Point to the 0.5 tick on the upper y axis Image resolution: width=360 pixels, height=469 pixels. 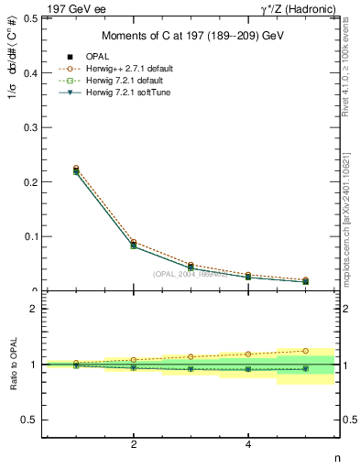pyautogui.click(x=28, y=17)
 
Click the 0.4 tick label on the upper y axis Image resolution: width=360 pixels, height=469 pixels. pyautogui.click(x=28, y=72)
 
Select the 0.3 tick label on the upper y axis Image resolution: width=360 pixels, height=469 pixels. pyautogui.click(x=28, y=127)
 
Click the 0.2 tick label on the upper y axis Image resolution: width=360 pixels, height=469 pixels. pyautogui.click(x=28, y=181)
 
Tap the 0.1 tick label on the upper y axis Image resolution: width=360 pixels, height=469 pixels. pyautogui.click(x=28, y=236)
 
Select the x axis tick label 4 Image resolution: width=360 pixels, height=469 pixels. pyautogui.click(x=248, y=445)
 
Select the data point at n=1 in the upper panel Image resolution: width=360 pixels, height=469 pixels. pyautogui.click(x=76, y=170)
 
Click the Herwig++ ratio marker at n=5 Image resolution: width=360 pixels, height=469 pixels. pyautogui.click(x=305, y=351)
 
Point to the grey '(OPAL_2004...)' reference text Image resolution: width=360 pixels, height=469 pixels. pyautogui.click(x=191, y=274)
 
